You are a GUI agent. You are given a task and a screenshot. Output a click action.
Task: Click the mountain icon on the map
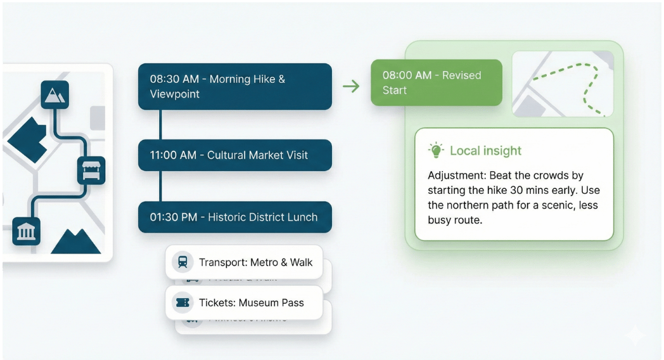54,95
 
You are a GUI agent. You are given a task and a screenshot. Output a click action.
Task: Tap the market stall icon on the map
91,170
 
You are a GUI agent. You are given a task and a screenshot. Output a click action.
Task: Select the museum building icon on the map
26,231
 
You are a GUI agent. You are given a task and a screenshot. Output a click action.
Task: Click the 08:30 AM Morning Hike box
234,87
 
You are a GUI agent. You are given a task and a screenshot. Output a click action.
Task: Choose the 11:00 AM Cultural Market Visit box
234,155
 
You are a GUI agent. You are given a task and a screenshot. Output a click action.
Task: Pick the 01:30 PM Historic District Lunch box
234,217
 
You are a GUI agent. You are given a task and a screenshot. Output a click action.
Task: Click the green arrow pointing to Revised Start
350,86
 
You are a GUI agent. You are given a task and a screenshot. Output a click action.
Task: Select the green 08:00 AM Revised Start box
436,83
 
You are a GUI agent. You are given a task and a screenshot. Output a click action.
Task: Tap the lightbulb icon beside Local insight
436,151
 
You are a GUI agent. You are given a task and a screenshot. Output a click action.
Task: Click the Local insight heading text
485,151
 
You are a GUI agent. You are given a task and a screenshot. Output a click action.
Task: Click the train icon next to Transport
182,262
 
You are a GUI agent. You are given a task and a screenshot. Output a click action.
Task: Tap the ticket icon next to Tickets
182,303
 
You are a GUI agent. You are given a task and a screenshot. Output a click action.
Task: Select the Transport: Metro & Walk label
255,262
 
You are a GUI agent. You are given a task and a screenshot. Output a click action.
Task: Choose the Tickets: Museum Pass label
251,303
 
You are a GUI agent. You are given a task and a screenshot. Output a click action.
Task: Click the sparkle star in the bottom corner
634,336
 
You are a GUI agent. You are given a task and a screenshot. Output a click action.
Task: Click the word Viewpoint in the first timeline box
175,94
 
